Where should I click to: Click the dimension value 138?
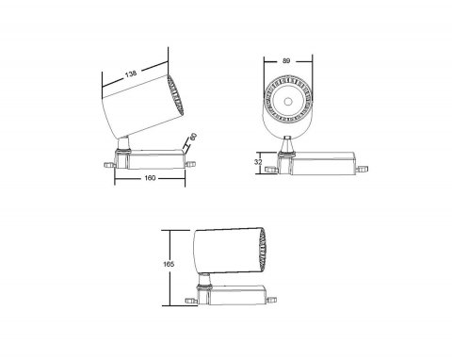point(131,74)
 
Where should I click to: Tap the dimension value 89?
point(286,61)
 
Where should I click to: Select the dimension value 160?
point(150,178)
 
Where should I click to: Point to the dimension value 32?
point(258,162)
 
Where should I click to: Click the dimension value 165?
point(169,264)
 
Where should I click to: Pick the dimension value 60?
point(193,137)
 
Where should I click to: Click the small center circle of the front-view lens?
point(287,101)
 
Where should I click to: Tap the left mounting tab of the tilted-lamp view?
point(109,165)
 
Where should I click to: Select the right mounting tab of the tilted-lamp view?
point(190,163)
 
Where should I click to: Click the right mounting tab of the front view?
point(363,170)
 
